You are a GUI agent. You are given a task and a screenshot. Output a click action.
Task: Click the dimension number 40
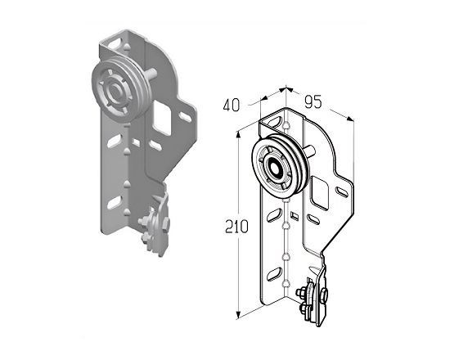(x=231, y=106)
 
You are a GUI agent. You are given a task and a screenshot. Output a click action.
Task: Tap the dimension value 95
(x=313, y=102)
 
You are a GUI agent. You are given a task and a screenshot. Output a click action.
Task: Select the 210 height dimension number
(x=236, y=227)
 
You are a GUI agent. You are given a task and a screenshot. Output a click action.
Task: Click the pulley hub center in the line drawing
(x=275, y=167)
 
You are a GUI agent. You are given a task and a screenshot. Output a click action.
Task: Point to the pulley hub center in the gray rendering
(x=116, y=92)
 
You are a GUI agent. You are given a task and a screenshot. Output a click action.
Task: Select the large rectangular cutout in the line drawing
(x=319, y=193)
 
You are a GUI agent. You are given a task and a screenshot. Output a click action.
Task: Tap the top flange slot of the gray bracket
(x=115, y=44)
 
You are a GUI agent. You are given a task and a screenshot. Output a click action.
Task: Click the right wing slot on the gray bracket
(x=185, y=116)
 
